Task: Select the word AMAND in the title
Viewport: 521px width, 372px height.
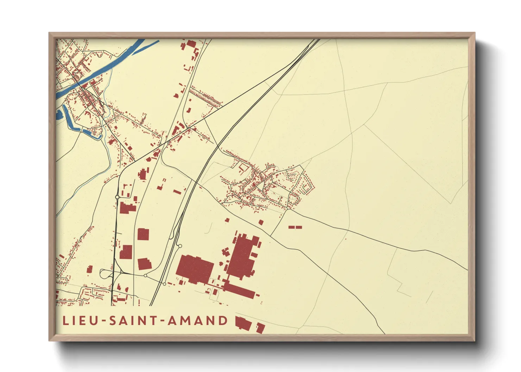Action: point(197,321)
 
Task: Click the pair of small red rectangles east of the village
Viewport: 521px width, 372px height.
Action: point(295,227)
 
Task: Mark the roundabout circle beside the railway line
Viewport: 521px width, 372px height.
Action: point(180,246)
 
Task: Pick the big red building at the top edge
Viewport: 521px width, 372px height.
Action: point(191,44)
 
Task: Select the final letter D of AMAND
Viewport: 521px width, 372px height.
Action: point(223,321)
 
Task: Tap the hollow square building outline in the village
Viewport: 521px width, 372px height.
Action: point(243,167)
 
